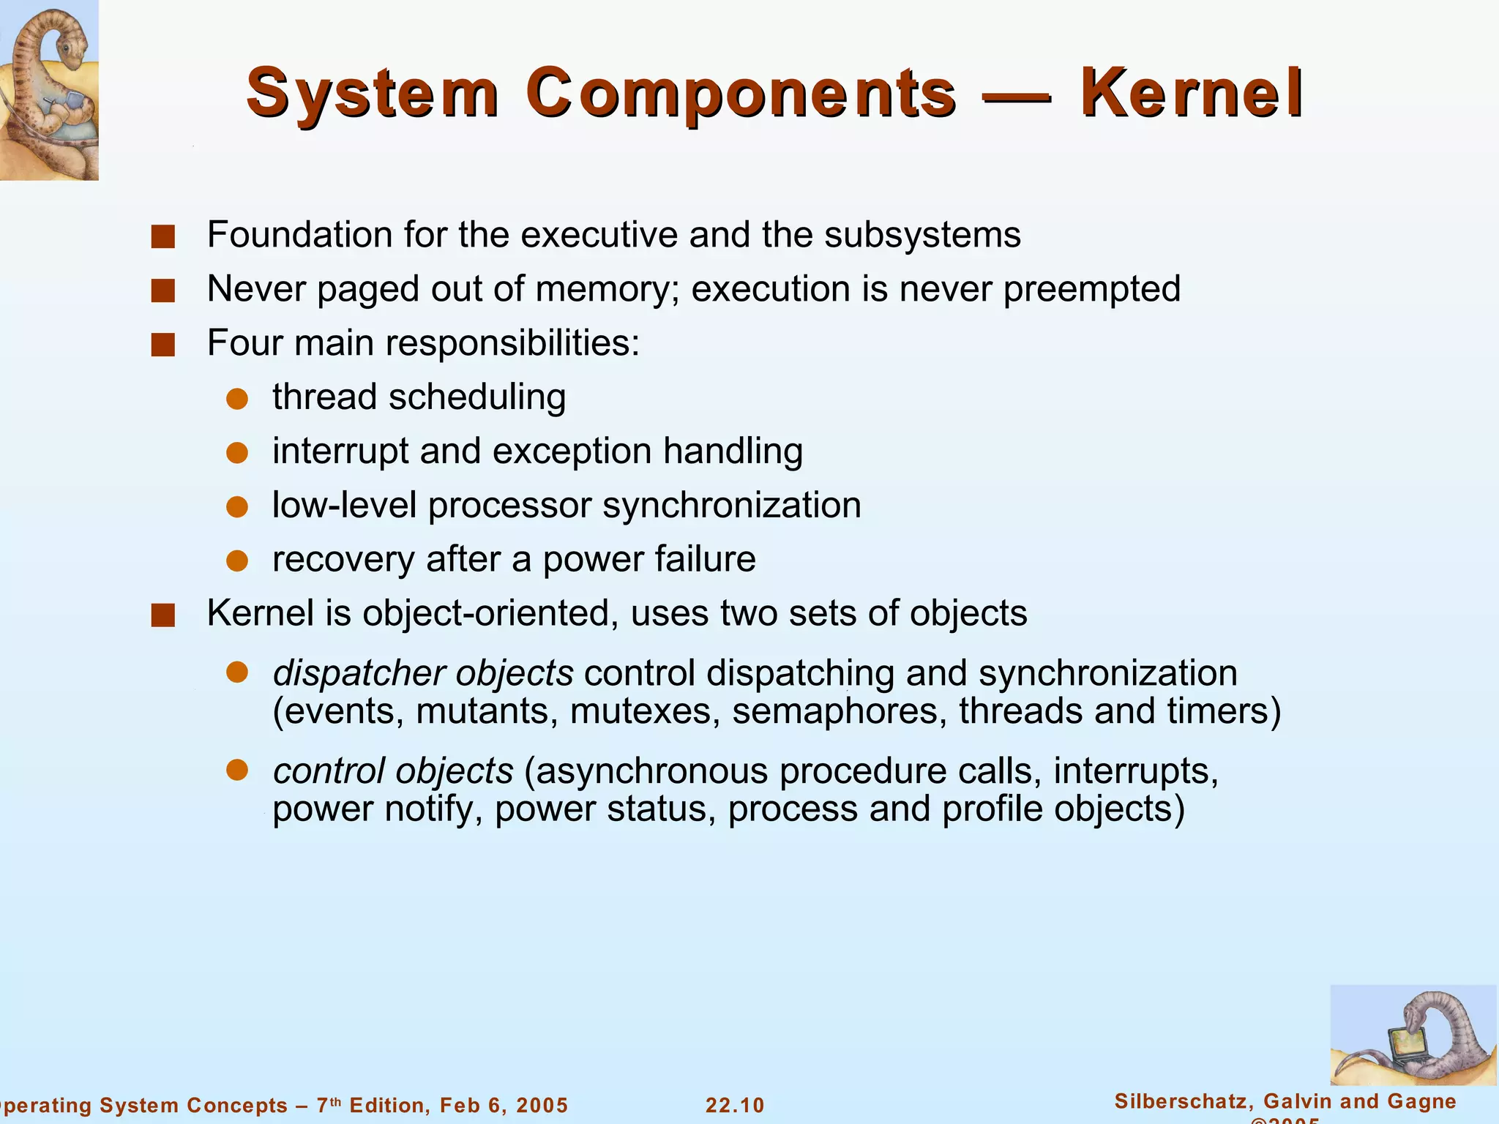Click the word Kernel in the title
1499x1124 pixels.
1191,93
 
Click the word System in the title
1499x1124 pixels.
373,93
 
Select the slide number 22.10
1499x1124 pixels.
735,1105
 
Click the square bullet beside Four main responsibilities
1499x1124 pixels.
162,345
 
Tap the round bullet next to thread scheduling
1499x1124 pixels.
237,399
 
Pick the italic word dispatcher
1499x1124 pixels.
358,673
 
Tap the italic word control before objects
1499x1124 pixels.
329,771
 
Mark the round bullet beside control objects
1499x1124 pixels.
237,770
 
